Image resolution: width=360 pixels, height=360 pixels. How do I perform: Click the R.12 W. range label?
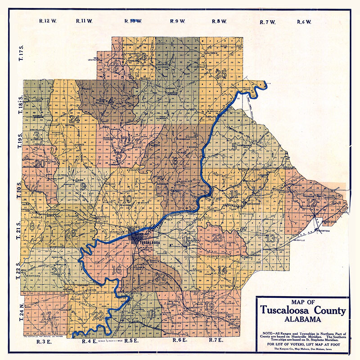click(x=47, y=21)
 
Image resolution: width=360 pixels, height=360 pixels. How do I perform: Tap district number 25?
click(x=220, y=74)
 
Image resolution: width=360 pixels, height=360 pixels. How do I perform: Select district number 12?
click(x=311, y=203)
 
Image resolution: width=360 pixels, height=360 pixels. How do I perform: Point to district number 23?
click(x=218, y=238)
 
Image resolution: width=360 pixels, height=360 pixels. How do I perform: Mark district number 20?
click(x=40, y=163)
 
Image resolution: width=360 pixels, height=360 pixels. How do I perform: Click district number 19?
click(x=209, y=307)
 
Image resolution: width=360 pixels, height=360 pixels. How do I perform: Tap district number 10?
click(x=126, y=199)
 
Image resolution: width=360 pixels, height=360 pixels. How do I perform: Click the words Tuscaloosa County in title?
click(x=302, y=310)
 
